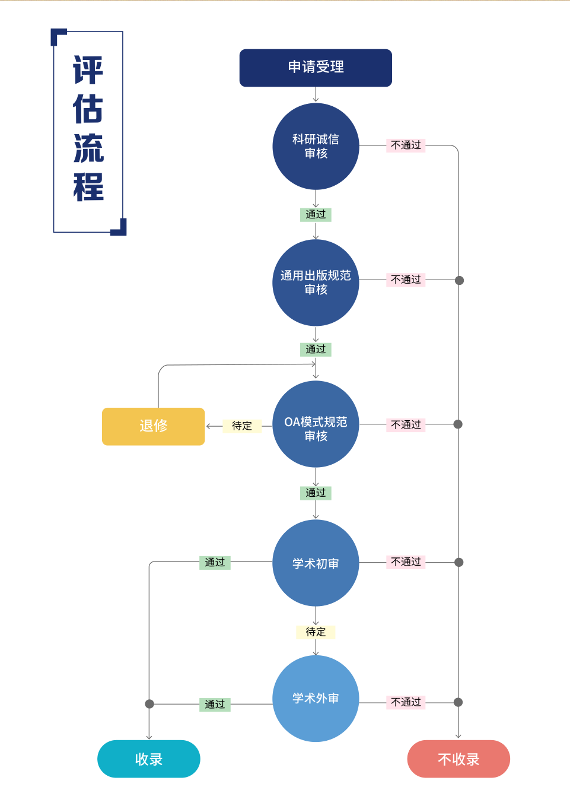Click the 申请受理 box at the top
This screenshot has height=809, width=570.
pyautogui.click(x=316, y=68)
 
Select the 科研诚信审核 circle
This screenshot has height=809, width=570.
pyautogui.click(x=316, y=146)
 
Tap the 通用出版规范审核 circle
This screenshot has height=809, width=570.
pyautogui.click(x=316, y=283)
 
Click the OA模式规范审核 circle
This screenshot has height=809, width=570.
pyautogui.click(x=316, y=424)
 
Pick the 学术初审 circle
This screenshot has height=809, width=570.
pyautogui.click(x=316, y=563)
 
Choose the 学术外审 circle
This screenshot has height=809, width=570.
pyautogui.click(x=316, y=698)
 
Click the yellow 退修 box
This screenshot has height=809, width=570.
pyautogui.click(x=153, y=426)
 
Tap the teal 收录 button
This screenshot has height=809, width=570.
pyautogui.click(x=148, y=759)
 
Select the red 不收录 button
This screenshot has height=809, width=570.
pyautogui.click(x=458, y=759)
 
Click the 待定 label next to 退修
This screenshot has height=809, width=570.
pyautogui.click(x=242, y=426)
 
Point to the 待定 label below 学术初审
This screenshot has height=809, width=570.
pyautogui.click(x=316, y=632)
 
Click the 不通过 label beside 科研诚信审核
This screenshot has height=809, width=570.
pyautogui.click(x=406, y=145)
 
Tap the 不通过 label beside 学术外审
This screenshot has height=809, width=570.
pyautogui.click(x=406, y=702)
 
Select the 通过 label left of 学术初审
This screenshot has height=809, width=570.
pyautogui.click(x=215, y=563)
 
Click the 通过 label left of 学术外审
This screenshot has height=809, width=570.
pyautogui.click(x=215, y=705)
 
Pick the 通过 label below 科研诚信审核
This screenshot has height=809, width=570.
pyautogui.click(x=316, y=214)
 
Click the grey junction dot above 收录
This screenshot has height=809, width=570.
pyautogui.click(x=149, y=704)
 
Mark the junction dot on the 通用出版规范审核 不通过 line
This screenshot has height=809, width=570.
pyautogui.click(x=459, y=280)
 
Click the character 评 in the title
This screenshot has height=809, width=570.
pyautogui.click(x=88, y=71)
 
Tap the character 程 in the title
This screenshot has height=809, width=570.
pyautogui.click(x=88, y=188)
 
